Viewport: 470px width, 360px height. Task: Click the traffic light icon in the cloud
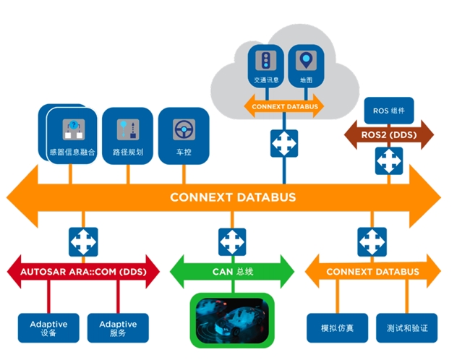tap(265, 61)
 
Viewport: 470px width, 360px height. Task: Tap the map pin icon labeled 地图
tap(306, 61)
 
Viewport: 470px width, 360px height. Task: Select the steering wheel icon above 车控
tap(184, 129)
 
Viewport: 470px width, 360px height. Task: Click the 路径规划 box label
tap(128, 153)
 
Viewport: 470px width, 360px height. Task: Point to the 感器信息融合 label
tap(72, 153)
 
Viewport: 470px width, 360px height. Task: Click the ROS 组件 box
tap(389, 111)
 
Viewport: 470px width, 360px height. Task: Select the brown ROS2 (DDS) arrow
tap(389, 135)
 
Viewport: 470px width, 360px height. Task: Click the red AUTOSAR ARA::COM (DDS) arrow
tap(83, 272)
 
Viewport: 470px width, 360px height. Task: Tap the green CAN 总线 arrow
tap(232, 272)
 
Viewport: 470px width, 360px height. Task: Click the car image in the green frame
tap(232, 320)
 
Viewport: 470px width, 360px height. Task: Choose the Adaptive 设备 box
tap(48, 328)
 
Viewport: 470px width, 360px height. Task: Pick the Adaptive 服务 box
tap(118, 328)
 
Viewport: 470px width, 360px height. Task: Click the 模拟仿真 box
tap(337, 328)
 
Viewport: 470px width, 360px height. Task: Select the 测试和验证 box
tap(407, 328)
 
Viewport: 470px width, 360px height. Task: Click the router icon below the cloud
tap(284, 143)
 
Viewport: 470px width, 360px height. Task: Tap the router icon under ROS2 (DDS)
tap(389, 161)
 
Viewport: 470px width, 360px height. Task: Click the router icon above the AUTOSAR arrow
tap(83, 241)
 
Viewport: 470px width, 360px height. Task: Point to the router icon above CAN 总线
tap(232, 241)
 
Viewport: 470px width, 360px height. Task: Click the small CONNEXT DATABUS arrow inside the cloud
tap(284, 106)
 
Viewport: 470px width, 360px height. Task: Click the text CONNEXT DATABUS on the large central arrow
tap(233, 197)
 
